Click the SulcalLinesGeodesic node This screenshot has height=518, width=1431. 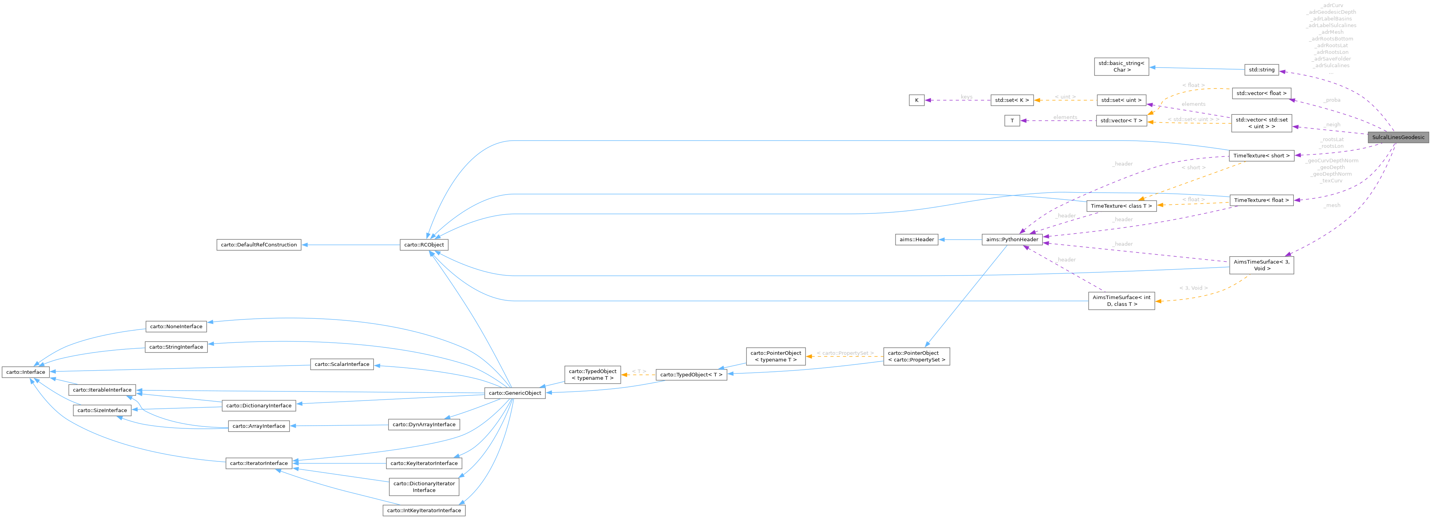pyautogui.click(x=1398, y=137)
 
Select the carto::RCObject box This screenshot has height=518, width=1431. pyautogui.click(x=424, y=245)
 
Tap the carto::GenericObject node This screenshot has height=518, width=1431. pyautogui.click(x=514, y=393)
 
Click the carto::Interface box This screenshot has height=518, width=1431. pyautogui.click(x=26, y=372)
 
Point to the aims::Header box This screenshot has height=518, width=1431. pyautogui.click(x=917, y=239)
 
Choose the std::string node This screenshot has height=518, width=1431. pyautogui.click(x=1261, y=70)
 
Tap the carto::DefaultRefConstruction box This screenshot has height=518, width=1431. pyautogui.click(x=258, y=245)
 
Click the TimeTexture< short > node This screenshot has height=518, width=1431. pyautogui.click(x=1261, y=156)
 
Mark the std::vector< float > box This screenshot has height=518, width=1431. pyautogui.click(x=1261, y=93)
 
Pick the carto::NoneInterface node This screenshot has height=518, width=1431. pyautogui.click(x=176, y=327)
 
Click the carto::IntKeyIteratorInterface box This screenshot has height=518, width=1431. pyautogui.click(x=423, y=510)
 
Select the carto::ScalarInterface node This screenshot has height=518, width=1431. pyautogui.click(x=342, y=364)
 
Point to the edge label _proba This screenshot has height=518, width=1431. pyautogui.click(x=1332, y=100)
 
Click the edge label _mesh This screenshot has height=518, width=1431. pyautogui.click(x=1332, y=206)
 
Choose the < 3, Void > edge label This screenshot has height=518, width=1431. pyautogui.click(x=1193, y=288)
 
